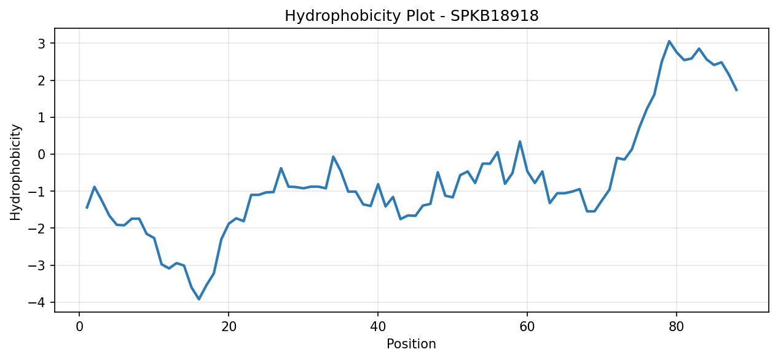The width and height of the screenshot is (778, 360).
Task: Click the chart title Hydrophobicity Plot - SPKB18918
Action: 412,16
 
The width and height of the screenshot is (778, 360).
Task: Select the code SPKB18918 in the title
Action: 495,16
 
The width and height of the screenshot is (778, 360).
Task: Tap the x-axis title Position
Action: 411,344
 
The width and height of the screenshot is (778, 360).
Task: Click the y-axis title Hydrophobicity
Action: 15,173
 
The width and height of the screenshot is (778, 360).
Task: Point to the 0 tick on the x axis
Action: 79,327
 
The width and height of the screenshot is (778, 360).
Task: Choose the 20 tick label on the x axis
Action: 229,327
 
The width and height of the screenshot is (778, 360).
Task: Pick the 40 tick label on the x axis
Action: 378,327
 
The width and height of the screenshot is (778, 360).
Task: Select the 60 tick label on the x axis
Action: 527,327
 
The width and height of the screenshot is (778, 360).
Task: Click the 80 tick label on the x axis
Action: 677,327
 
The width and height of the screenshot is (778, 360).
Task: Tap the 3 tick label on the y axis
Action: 42,44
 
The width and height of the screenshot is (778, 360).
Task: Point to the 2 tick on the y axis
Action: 42,80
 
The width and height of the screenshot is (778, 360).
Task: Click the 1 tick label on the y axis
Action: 42,117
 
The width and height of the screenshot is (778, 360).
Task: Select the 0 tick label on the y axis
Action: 42,154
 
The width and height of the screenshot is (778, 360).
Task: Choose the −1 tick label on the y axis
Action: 37,191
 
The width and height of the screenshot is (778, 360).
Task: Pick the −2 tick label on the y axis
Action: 37,229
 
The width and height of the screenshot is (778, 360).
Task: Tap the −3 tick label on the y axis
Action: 37,265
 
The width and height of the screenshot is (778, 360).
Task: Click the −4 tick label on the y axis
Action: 37,302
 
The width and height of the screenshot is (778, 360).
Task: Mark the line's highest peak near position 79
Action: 669,41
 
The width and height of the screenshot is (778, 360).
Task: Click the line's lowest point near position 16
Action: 198,299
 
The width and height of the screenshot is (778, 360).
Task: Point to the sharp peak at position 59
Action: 520,141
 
